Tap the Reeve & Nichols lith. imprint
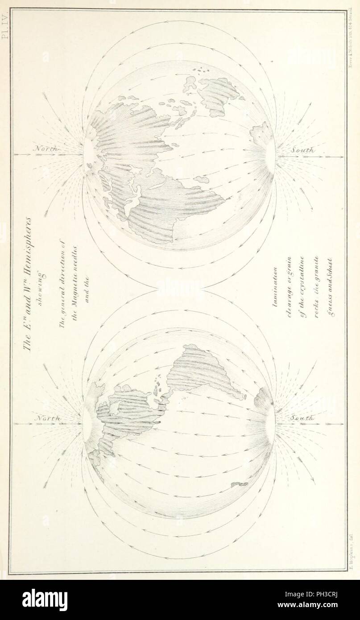coord(350,40)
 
